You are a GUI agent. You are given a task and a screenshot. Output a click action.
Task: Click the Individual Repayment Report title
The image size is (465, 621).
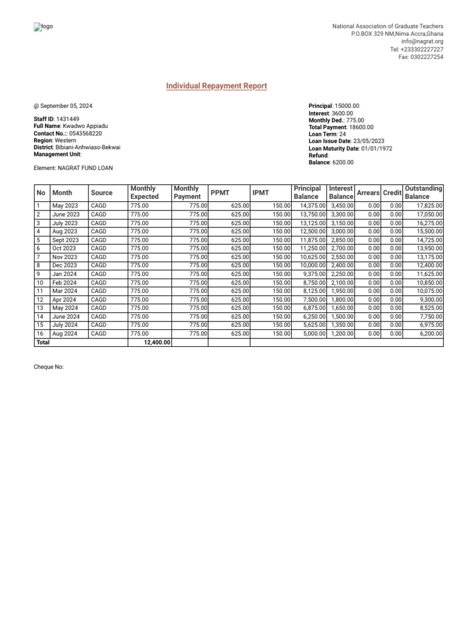click(x=216, y=86)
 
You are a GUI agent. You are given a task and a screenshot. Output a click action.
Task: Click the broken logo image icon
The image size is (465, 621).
click(x=36, y=27)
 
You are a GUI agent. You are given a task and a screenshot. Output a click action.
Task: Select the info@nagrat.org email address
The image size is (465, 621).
click(x=422, y=42)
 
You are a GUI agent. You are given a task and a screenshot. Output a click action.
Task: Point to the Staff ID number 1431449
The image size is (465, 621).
click(x=68, y=119)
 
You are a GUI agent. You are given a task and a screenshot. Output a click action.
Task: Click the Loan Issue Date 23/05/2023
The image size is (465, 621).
click(x=369, y=141)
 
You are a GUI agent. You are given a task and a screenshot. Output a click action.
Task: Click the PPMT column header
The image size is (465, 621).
click(x=219, y=193)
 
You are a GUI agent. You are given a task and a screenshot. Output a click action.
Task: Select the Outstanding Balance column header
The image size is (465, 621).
click(x=423, y=193)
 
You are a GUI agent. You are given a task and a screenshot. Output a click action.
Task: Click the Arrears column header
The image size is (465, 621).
click(x=368, y=193)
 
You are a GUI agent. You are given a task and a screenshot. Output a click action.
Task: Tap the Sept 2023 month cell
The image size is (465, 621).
click(x=65, y=240)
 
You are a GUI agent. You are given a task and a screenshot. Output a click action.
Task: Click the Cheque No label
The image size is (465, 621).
click(x=48, y=368)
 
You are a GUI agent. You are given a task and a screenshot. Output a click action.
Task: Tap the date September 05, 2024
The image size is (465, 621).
click(x=66, y=106)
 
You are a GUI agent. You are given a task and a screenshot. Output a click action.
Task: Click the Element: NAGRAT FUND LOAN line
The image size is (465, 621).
click(x=73, y=168)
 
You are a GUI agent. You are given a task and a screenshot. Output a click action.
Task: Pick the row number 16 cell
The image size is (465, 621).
click(x=40, y=334)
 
